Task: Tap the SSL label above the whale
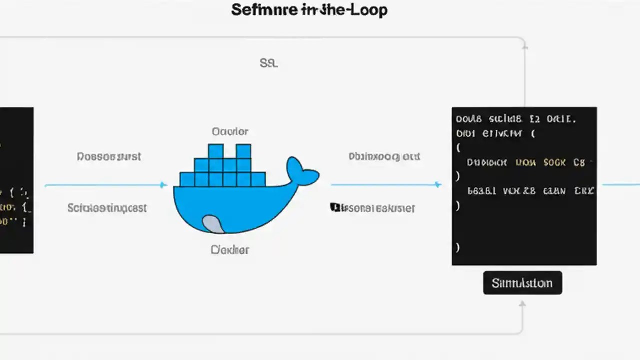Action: click(x=268, y=63)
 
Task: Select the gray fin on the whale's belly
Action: click(x=212, y=224)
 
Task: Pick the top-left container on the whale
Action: click(x=216, y=151)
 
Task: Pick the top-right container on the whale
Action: click(x=243, y=151)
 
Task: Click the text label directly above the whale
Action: click(x=230, y=132)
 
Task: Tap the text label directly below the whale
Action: click(x=230, y=249)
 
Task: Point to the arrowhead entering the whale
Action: click(x=163, y=185)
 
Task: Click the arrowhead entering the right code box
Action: click(x=438, y=185)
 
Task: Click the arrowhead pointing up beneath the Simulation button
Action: click(x=522, y=304)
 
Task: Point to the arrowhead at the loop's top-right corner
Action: click(x=525, y=46)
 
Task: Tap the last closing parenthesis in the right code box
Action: click(x=458, y=247)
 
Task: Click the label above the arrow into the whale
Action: click(x=109, y=157)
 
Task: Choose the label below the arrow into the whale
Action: click(x=107, y=208)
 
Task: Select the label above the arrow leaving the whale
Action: click(x=384, y=157)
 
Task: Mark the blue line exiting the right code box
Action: click(x=620, y=185)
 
